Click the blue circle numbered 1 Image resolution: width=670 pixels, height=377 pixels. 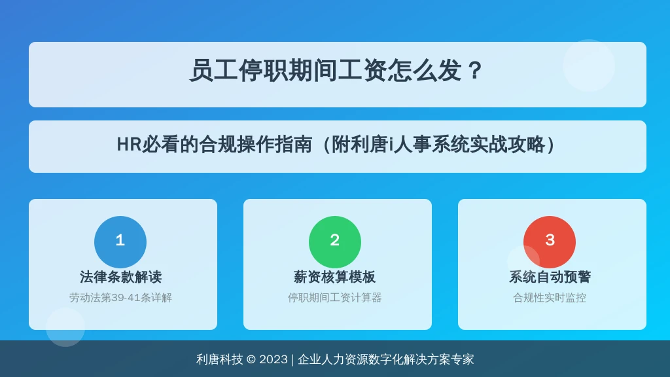(120, 242)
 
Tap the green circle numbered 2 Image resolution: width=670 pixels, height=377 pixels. (335, 242)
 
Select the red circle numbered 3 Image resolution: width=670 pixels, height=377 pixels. (550, 242)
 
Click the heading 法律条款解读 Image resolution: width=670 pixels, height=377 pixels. (120, 277)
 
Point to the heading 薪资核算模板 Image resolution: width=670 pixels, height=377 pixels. (334, 277)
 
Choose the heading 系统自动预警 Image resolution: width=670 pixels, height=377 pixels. (550, 277)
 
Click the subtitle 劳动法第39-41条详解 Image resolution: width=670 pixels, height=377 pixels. (120, 298)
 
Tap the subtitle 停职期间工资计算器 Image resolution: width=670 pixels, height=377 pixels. (334, 298)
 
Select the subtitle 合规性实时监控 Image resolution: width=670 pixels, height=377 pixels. (550, 298)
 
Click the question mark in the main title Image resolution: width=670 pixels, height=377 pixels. (475, 71)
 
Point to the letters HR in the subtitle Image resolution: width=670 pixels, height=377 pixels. (129, 145)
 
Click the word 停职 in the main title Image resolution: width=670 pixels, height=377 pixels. (263, 71)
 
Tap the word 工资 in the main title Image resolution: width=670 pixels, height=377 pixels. (362, 71)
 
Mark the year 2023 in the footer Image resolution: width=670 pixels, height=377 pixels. (273, 359)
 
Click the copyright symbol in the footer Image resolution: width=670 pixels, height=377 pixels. (251, 359)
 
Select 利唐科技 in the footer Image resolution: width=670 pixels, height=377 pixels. (220, 359)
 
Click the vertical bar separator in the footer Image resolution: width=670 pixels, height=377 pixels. (292, 359)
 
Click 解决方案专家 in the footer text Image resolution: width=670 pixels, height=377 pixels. (438, 359)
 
